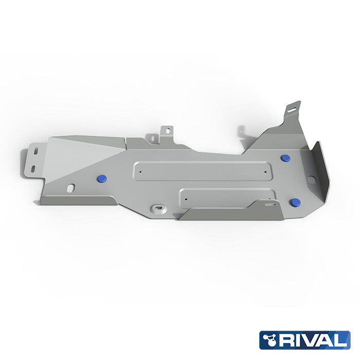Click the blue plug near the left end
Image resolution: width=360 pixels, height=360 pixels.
(x=102, y=178)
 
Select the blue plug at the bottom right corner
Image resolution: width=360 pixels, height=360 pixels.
(x=295, y=202)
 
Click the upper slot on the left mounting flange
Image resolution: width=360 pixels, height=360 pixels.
(x=35, y=151)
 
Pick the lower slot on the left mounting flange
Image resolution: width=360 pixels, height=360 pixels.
(x=32, y=169)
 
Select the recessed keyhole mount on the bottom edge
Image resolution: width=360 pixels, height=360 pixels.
(x=158, y=209)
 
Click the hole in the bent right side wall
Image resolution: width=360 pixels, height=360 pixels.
(x=311, y=179)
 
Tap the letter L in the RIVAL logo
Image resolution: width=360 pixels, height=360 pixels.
(x=340, y=340)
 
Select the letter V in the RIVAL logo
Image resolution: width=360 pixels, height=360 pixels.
(x=312, y=340)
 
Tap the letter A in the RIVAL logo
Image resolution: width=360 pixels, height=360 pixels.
(x=327, y=340)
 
